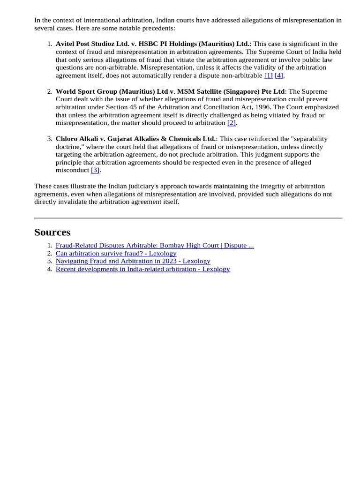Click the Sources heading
52,232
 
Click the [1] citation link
268,75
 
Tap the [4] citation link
279,75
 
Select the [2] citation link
232,123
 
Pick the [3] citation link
95,170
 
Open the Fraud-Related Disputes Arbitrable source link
155,245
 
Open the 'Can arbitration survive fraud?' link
116,253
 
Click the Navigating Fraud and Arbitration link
133,261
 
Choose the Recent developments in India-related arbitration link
142,269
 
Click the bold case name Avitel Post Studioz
152,44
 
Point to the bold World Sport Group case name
170,91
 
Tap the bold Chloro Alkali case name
135,139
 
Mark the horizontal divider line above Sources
188,218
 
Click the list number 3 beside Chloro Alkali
50,139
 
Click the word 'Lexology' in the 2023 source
196,261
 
